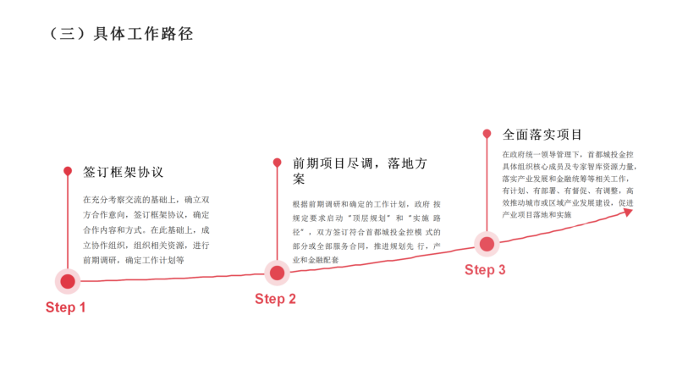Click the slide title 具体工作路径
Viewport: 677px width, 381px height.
[120, 34]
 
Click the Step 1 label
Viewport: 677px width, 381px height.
[65, 308]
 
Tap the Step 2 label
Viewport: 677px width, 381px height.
[275, 299]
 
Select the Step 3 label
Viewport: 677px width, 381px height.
[485, 270]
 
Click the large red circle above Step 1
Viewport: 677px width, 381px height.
[68, 281]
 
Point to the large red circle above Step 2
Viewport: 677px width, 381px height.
[277, 273]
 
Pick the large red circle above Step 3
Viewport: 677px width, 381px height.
[487, 244]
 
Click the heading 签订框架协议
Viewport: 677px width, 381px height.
[124, 172]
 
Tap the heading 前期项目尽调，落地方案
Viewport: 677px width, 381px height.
[360, 171]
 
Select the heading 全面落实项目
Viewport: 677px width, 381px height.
[542, 135]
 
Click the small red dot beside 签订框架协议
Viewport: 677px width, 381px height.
[68, 171]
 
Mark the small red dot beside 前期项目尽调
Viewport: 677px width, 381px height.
[277, 163]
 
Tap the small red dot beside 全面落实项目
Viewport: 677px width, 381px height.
[487, 134]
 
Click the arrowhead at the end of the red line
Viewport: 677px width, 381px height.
[628, 211]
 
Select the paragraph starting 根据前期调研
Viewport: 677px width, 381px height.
[366, 232]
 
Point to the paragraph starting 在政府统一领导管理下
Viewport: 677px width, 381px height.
[567, 185]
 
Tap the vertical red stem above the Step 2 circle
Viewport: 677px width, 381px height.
[277, 212]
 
